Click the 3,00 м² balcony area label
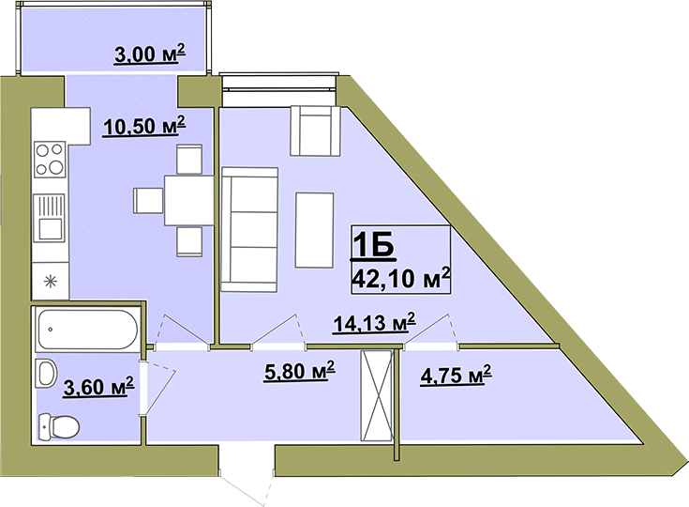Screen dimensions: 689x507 point(149,54)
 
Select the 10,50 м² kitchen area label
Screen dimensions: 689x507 point(144,126)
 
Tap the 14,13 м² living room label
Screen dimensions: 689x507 point(374,323)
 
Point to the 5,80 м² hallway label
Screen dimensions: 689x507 point(299,371)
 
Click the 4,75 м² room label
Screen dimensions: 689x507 point(456,375)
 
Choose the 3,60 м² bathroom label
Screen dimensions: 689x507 point(98,386)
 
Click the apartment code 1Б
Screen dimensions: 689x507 point(373,245)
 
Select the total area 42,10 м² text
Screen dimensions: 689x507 point(401,278)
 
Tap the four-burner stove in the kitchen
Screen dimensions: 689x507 point(50,159)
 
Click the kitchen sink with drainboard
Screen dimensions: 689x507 point(49,218)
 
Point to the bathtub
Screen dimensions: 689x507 point(87,330)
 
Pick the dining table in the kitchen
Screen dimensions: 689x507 point(189,200)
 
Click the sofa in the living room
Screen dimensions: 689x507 point(249,229)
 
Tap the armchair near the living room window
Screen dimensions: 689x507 point(315,131)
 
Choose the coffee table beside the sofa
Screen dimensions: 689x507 point(314,230)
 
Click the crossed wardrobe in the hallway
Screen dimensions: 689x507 point(376,395)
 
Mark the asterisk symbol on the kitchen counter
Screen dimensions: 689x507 point(51,282)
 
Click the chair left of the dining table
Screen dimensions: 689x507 point(149,201)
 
